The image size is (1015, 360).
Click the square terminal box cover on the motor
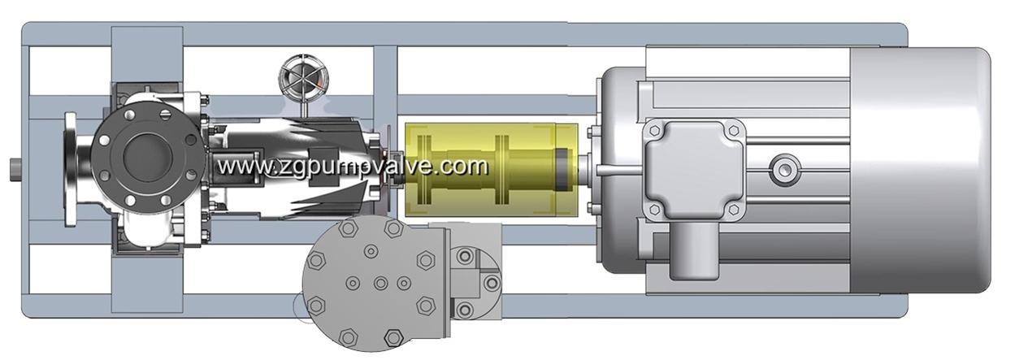tap(693, 168)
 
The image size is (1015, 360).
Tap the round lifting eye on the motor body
tap(783, 168)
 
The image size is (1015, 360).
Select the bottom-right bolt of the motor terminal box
tap(733, 209)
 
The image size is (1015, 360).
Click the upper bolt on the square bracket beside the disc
tap(465, 257)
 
